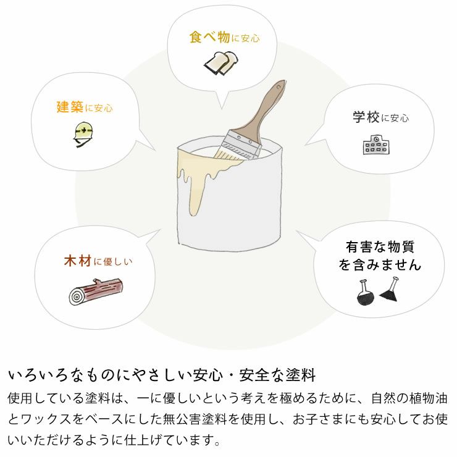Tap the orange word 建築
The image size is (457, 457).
(70, 106)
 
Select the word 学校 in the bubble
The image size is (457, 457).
(366, 117)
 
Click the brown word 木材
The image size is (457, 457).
(77, 261)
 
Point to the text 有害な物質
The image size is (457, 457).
(380, 248)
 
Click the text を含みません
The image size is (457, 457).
(380, 266)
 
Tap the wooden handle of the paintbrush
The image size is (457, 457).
(265, 108)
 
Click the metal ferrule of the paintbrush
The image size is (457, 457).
(238, 143)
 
